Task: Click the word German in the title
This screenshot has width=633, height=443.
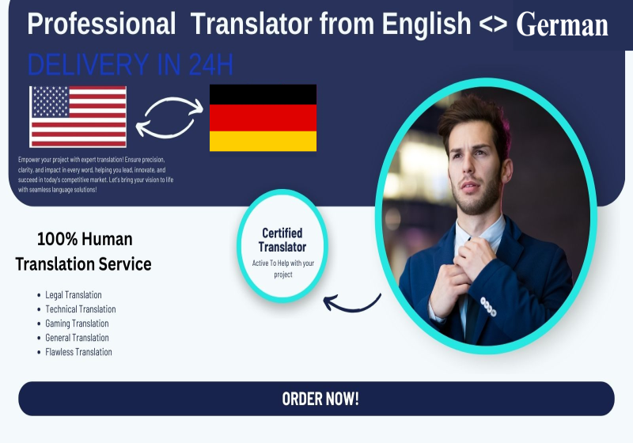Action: pyautogui.click(x=562, y=25)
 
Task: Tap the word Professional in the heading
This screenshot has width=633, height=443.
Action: pyautogui.click(x=102, y=24)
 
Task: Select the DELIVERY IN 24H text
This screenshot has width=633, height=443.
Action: pyautogui.click(x=131, y=64)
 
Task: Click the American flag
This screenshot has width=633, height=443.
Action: pyautogui.click(x=78, y=116)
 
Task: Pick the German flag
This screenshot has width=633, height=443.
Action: pyautogui.click(x=263, y=118)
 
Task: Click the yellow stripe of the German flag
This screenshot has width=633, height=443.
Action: pyautogui.click(x=263, y=141)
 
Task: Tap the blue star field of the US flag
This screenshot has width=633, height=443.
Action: pyautogui.click(x=51, y=101)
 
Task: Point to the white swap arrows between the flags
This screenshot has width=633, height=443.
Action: pyautogui.click(x=169, y=117)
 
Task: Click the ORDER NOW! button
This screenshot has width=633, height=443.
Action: pyautogui.click(x=316, y=399)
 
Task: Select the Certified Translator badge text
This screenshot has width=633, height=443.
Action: pyautogui.click(x=282, y=240)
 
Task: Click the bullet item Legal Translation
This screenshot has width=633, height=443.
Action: pyautogui.click(x=74, y=295)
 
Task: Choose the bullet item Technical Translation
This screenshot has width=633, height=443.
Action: pyautogui.click(x=81, y=309)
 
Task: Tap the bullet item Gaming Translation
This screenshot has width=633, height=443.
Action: pyautogui.click(x=77, y=324)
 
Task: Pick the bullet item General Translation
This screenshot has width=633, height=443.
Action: pyautogui.click(x=77, y=338)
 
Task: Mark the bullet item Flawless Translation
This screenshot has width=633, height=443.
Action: pyautogui.click(x=78, y=352)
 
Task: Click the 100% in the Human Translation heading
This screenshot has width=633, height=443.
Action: pyautogui.click(x=57, y=239)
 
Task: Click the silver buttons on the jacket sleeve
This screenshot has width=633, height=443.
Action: pyautogui.click(x=488, y=306)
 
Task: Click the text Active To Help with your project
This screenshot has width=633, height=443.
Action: pyautogui.click(x=283, y=269)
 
